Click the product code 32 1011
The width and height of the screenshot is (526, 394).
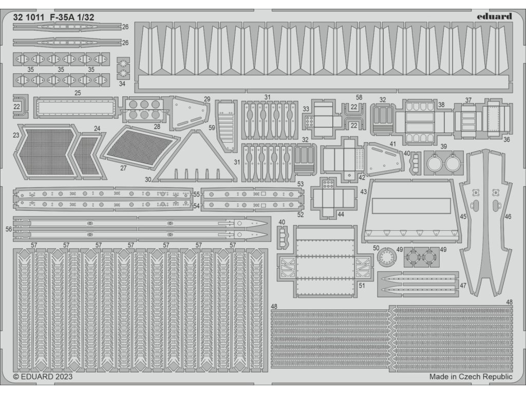29,16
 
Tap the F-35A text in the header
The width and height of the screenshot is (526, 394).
65,16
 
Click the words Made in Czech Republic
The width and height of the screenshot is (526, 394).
471,377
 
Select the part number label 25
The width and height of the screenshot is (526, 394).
78,93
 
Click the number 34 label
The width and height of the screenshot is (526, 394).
122,83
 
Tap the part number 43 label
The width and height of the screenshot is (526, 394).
363,191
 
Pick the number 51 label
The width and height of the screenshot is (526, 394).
362,286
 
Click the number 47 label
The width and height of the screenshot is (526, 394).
463,285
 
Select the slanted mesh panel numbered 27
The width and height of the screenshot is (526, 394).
140,147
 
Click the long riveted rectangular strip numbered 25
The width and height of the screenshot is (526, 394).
75,107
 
